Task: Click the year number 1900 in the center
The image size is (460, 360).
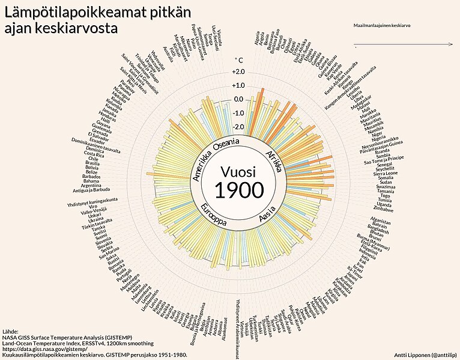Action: [239, 189]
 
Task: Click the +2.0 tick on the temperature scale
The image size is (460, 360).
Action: [238, 72]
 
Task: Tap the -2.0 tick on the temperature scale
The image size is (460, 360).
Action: [238, 127]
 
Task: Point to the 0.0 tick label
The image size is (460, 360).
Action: [238, 99]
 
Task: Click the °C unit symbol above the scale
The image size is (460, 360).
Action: [238, 59]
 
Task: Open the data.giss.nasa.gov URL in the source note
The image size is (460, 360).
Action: [44, 349]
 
